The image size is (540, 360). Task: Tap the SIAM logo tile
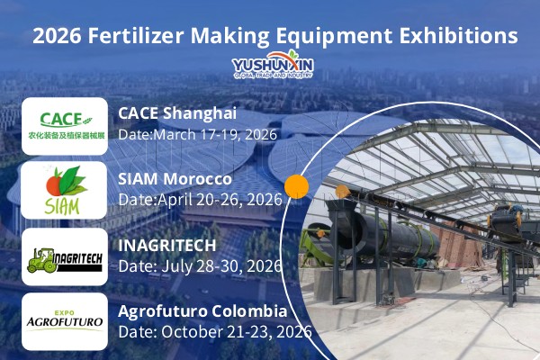[x=66, y=190]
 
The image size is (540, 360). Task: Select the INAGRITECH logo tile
[x=66, y=256]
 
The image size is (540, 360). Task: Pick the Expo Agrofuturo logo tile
[x=66, y=319]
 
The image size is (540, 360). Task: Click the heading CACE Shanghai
[x=177, y=113]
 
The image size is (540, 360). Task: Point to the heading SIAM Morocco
[x=175, y=178]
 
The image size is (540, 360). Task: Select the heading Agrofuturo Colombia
[x=202, y=311]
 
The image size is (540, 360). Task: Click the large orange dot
[x=297, y=187]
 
